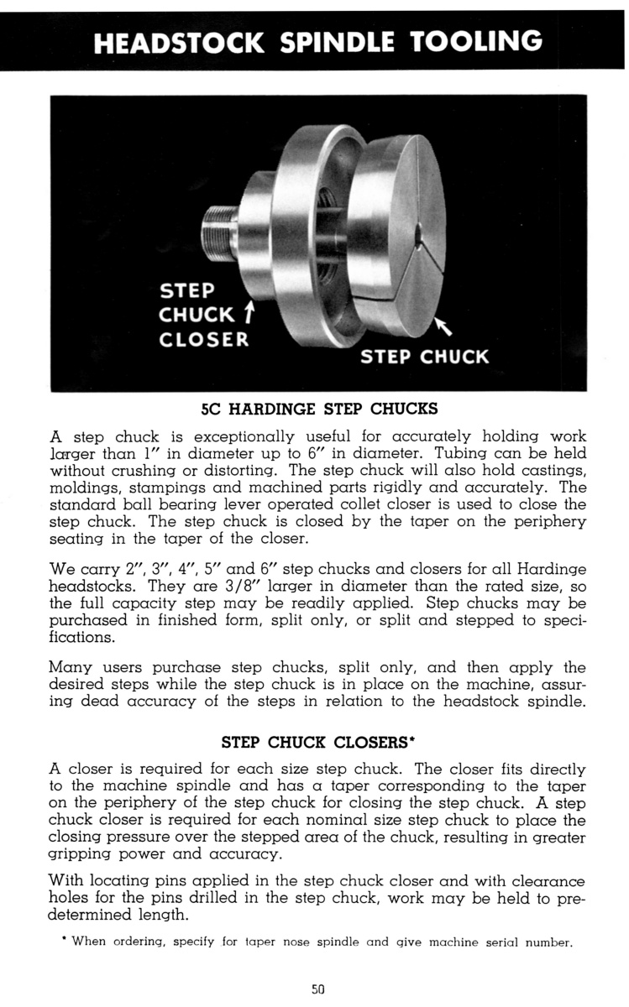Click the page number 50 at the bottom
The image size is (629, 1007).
click(x=317, y=989)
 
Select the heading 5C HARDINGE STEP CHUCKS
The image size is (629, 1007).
click(x=319, y=411)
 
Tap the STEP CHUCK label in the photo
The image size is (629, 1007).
click(x=424, y=356)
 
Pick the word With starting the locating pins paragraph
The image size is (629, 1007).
click(x=71, y=880)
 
